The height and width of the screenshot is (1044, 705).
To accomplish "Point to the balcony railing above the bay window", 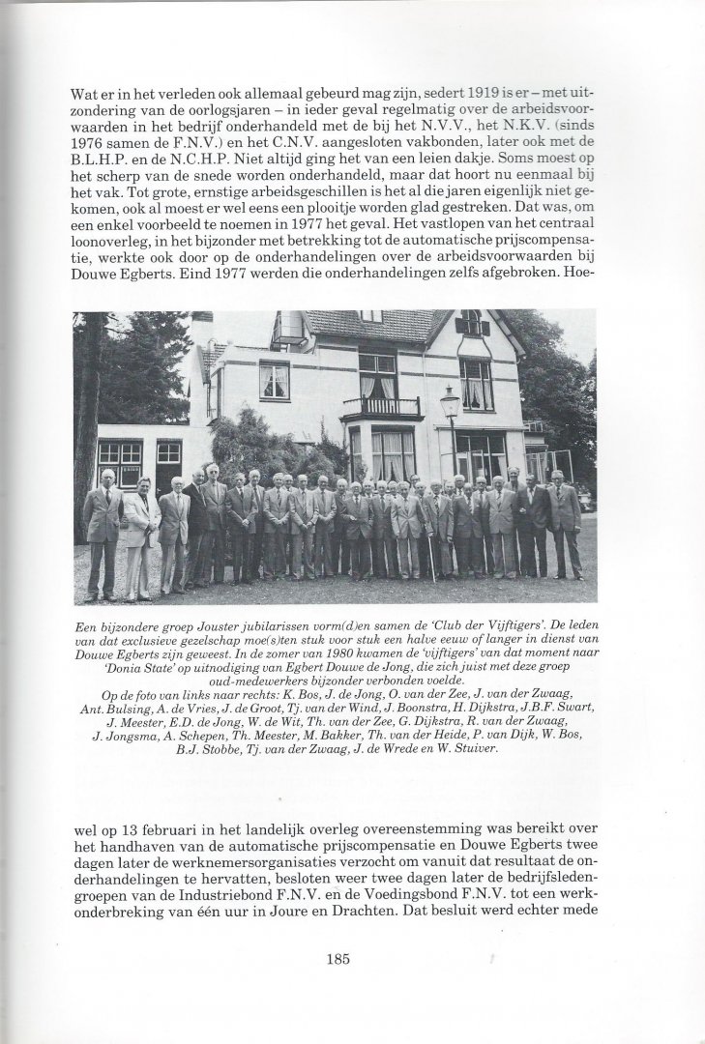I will [x=382, y=408].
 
